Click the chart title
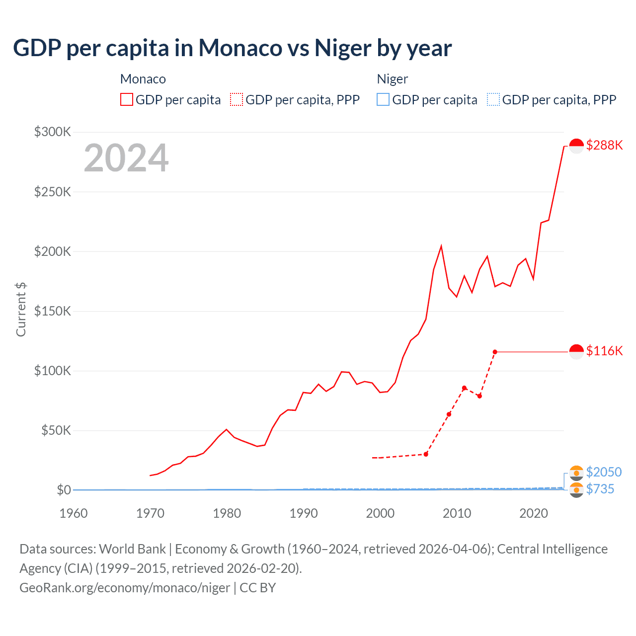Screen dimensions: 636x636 [x=233, y=48]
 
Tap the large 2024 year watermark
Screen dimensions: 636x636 [x=126, y=159]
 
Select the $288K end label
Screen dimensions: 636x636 [x=604, y=145]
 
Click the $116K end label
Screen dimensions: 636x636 [x=604, y=351]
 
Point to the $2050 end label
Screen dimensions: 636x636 [x=604, y=472]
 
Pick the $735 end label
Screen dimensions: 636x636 [x=600, y=489]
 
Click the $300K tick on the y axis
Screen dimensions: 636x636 [x=53, y=132]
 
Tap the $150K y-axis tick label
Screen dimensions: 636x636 [x=53, y=312]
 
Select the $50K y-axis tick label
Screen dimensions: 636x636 [x=56, y=431]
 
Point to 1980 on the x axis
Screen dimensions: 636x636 [x=227, y=513]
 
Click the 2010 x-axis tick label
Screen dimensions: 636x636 [x=457, y=513]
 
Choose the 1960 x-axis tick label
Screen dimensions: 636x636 [x=74, y=513]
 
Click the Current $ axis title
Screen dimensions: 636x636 [x=21, y=309]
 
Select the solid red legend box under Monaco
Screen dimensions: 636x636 [x=127, y=100]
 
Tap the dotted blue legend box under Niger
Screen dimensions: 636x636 [x=493, y=100]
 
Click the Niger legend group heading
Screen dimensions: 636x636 [x=393, y=79]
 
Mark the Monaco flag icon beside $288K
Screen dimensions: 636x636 [x=576, y=146]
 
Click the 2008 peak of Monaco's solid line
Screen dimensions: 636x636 [x=441, y=246]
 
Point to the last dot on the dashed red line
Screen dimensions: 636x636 [x=495, y=352]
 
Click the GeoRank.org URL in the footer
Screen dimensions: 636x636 [x=125, y=588]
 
